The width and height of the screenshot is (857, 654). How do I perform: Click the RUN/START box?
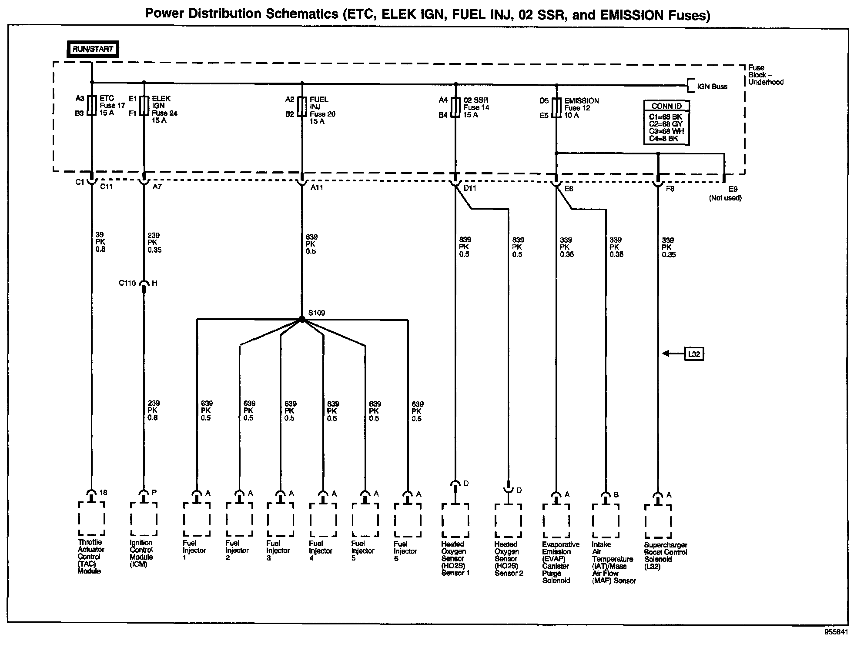pos(93,49)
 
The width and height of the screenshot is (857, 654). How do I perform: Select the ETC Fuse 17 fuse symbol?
pos(91,105)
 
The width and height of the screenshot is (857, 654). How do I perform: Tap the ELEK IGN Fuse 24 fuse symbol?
pos(144,106)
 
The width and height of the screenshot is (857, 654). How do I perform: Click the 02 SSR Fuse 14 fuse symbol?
pos(455,107)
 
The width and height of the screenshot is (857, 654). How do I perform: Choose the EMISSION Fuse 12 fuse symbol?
pos(556,108)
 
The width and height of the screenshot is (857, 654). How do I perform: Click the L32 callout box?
pos(694,354)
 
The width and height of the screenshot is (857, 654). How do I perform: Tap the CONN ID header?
pos(666,106)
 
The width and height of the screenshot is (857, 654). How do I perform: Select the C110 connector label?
pos(127,283)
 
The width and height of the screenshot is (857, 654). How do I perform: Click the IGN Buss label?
pos(712,87)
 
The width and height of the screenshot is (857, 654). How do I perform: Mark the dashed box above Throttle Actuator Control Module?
pos(91,519)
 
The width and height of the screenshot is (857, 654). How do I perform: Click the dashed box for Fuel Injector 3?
pos(280,520)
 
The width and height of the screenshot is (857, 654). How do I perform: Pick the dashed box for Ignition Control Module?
pos(144,519)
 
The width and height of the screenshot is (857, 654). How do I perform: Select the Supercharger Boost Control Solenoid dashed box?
pos(658,521)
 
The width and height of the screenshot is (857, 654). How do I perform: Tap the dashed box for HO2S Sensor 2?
pos(508,521)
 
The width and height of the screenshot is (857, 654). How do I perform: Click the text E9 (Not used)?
pos(726,194)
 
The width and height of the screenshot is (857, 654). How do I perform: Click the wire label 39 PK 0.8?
pos(100,242)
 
